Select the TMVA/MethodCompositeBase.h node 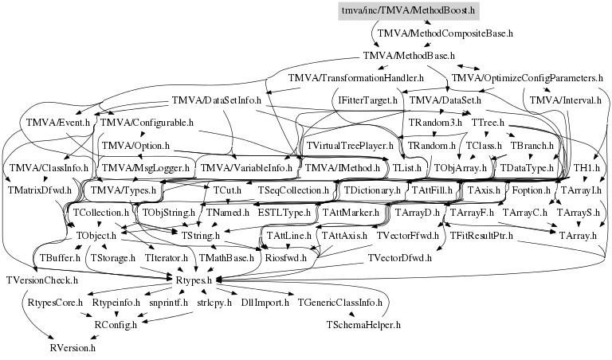(445, 34)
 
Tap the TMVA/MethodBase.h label (408, 56)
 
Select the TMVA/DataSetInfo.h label (213, 101)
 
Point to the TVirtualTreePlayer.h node (351, 146)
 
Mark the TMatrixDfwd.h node (39, 191)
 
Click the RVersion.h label (73, 347)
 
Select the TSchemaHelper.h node (363, 325)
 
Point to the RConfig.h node (116, 325)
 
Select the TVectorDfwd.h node (401, 258)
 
